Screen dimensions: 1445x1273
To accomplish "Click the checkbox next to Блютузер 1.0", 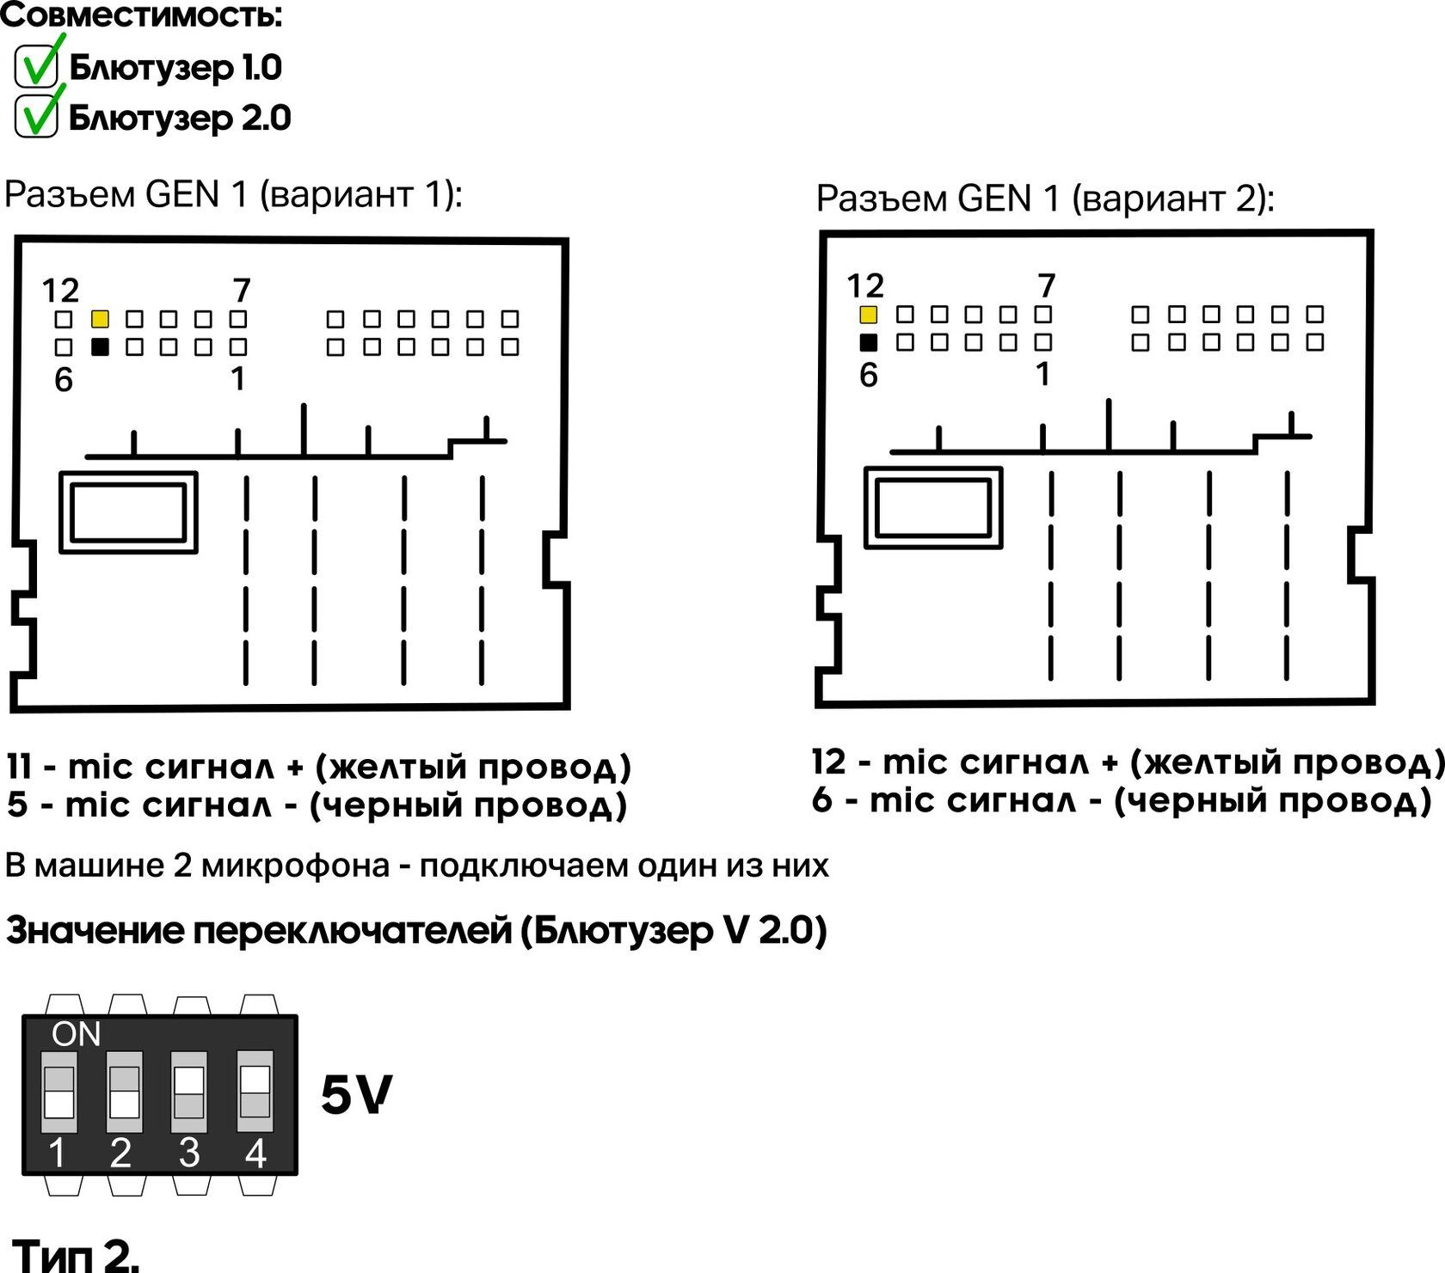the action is click(x=36, y=67).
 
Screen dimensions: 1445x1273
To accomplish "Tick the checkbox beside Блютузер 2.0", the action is click(x=36, y=117).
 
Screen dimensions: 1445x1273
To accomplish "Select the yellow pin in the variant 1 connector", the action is click(x=100, y=320).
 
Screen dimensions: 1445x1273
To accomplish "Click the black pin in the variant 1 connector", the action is click(x=100, y=347).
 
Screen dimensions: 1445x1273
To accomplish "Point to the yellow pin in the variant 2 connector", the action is click(x=869, y=315).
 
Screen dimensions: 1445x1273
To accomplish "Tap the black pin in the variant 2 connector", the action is click(x=869, y=342).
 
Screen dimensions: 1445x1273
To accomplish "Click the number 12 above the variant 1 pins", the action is click(x=60, y=291).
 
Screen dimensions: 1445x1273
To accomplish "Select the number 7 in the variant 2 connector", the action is click(x=1046, y=285).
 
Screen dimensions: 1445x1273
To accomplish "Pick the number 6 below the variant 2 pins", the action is click(x=869, y=376).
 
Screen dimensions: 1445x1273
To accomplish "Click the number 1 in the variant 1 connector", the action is click(x=238, y=379).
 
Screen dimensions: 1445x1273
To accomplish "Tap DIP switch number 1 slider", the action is click(x=58, y=1092).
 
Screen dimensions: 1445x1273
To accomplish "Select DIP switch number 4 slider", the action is click(x=255, y=1092).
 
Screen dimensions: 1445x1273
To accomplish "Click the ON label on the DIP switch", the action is click(x=76, y=1034).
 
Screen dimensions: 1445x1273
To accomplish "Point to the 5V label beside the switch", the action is click(x=356, y=1095).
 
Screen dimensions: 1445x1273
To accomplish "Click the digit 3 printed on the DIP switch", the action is click(x=189, y=1153).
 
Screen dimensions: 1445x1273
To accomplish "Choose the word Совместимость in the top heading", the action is click(x=141, y=15).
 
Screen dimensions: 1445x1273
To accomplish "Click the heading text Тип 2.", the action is click(x=76, y=1255).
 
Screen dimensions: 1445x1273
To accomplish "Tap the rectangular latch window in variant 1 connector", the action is click(x=128, y=512).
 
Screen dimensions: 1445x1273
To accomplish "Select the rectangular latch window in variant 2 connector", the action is click(x=933, y=508).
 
